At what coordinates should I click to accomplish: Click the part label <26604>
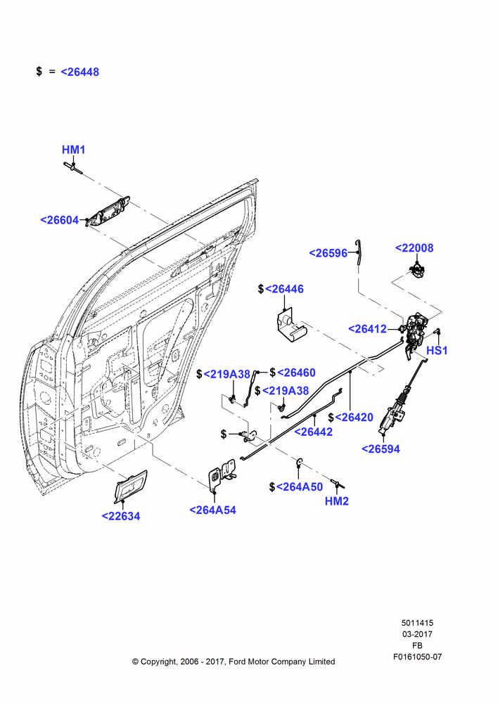pos(60,220)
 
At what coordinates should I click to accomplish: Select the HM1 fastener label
pos(74,150)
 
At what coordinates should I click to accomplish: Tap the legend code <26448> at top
pos(80,72)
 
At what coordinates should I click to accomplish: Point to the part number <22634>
pos(121,516)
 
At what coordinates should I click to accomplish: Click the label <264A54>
pos(212,510)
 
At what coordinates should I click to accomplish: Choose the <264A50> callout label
pos(300,486)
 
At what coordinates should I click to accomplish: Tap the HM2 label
pos(337,501)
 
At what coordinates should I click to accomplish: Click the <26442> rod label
pos(313,432)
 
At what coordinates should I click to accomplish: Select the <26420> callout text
pos(354,418)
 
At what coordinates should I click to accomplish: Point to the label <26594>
pos(381,449)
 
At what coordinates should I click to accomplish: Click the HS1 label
pos(437,350)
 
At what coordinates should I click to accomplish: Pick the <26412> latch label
pos(367,328)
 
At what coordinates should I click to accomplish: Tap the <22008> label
pos(414,248)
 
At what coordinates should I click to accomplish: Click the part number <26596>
pos(328,253)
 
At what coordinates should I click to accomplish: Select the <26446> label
pos(284,289)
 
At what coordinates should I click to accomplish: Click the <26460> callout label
pos(297,373)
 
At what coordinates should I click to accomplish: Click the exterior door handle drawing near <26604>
pos(108,211)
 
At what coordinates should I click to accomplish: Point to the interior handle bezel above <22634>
pos(131,486)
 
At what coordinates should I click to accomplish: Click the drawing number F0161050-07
pos(417,657)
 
